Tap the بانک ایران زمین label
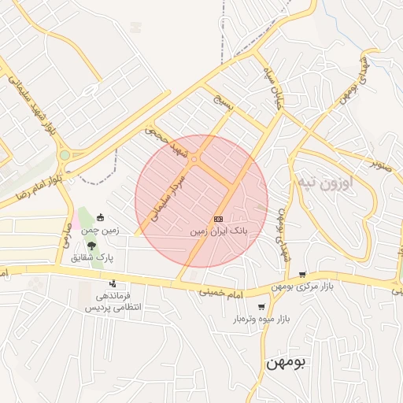[220, 233]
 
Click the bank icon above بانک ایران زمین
[218, 218]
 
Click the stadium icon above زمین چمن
[99, 218]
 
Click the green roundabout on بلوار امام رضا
[64, 156]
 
